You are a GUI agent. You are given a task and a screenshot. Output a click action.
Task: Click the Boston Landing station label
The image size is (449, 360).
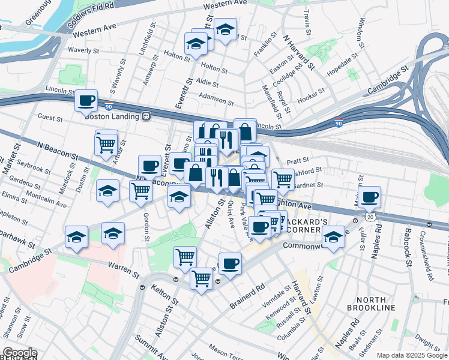[x=112, y=116]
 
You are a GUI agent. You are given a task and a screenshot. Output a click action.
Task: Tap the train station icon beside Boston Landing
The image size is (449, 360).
[x=145, y=116]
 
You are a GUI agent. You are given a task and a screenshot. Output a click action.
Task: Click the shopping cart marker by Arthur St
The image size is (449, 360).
[x=106, y=143]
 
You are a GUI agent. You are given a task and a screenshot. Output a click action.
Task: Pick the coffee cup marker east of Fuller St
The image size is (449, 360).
[x=370, y=196]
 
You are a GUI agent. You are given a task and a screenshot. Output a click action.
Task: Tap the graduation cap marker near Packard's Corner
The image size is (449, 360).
[x=333, y=237]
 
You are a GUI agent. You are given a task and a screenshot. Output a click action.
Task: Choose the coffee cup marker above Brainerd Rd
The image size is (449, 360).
[x=229, y=262]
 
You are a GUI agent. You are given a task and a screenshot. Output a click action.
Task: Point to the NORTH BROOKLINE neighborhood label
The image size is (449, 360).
[x=371, y=303]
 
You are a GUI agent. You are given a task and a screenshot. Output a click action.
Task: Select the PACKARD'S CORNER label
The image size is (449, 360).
[x=306, y=226]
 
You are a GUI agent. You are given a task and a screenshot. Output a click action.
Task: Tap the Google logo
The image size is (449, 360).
[x=19, y=353]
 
